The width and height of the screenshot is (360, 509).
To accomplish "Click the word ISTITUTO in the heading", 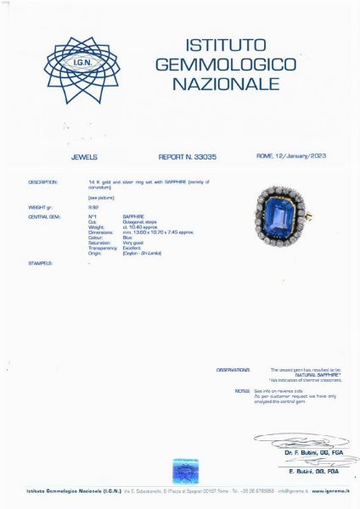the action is [226, 45].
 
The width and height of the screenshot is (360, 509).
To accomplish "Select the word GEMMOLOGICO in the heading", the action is [226, 64].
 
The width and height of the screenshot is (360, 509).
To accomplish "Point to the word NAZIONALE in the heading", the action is [226, 84].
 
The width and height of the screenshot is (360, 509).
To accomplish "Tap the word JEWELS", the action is [85, 157].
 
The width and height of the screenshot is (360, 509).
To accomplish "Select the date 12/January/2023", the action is [305, 156].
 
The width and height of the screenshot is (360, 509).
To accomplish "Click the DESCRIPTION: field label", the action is [42, 182].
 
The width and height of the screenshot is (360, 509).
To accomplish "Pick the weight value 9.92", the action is [93, 206].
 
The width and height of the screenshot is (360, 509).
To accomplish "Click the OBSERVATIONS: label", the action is [233, 370].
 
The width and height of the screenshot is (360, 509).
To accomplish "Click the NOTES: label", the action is [242, 391].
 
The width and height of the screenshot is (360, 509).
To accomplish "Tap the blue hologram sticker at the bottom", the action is [185, 471].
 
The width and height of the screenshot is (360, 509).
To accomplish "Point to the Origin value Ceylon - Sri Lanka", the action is [142, 253].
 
